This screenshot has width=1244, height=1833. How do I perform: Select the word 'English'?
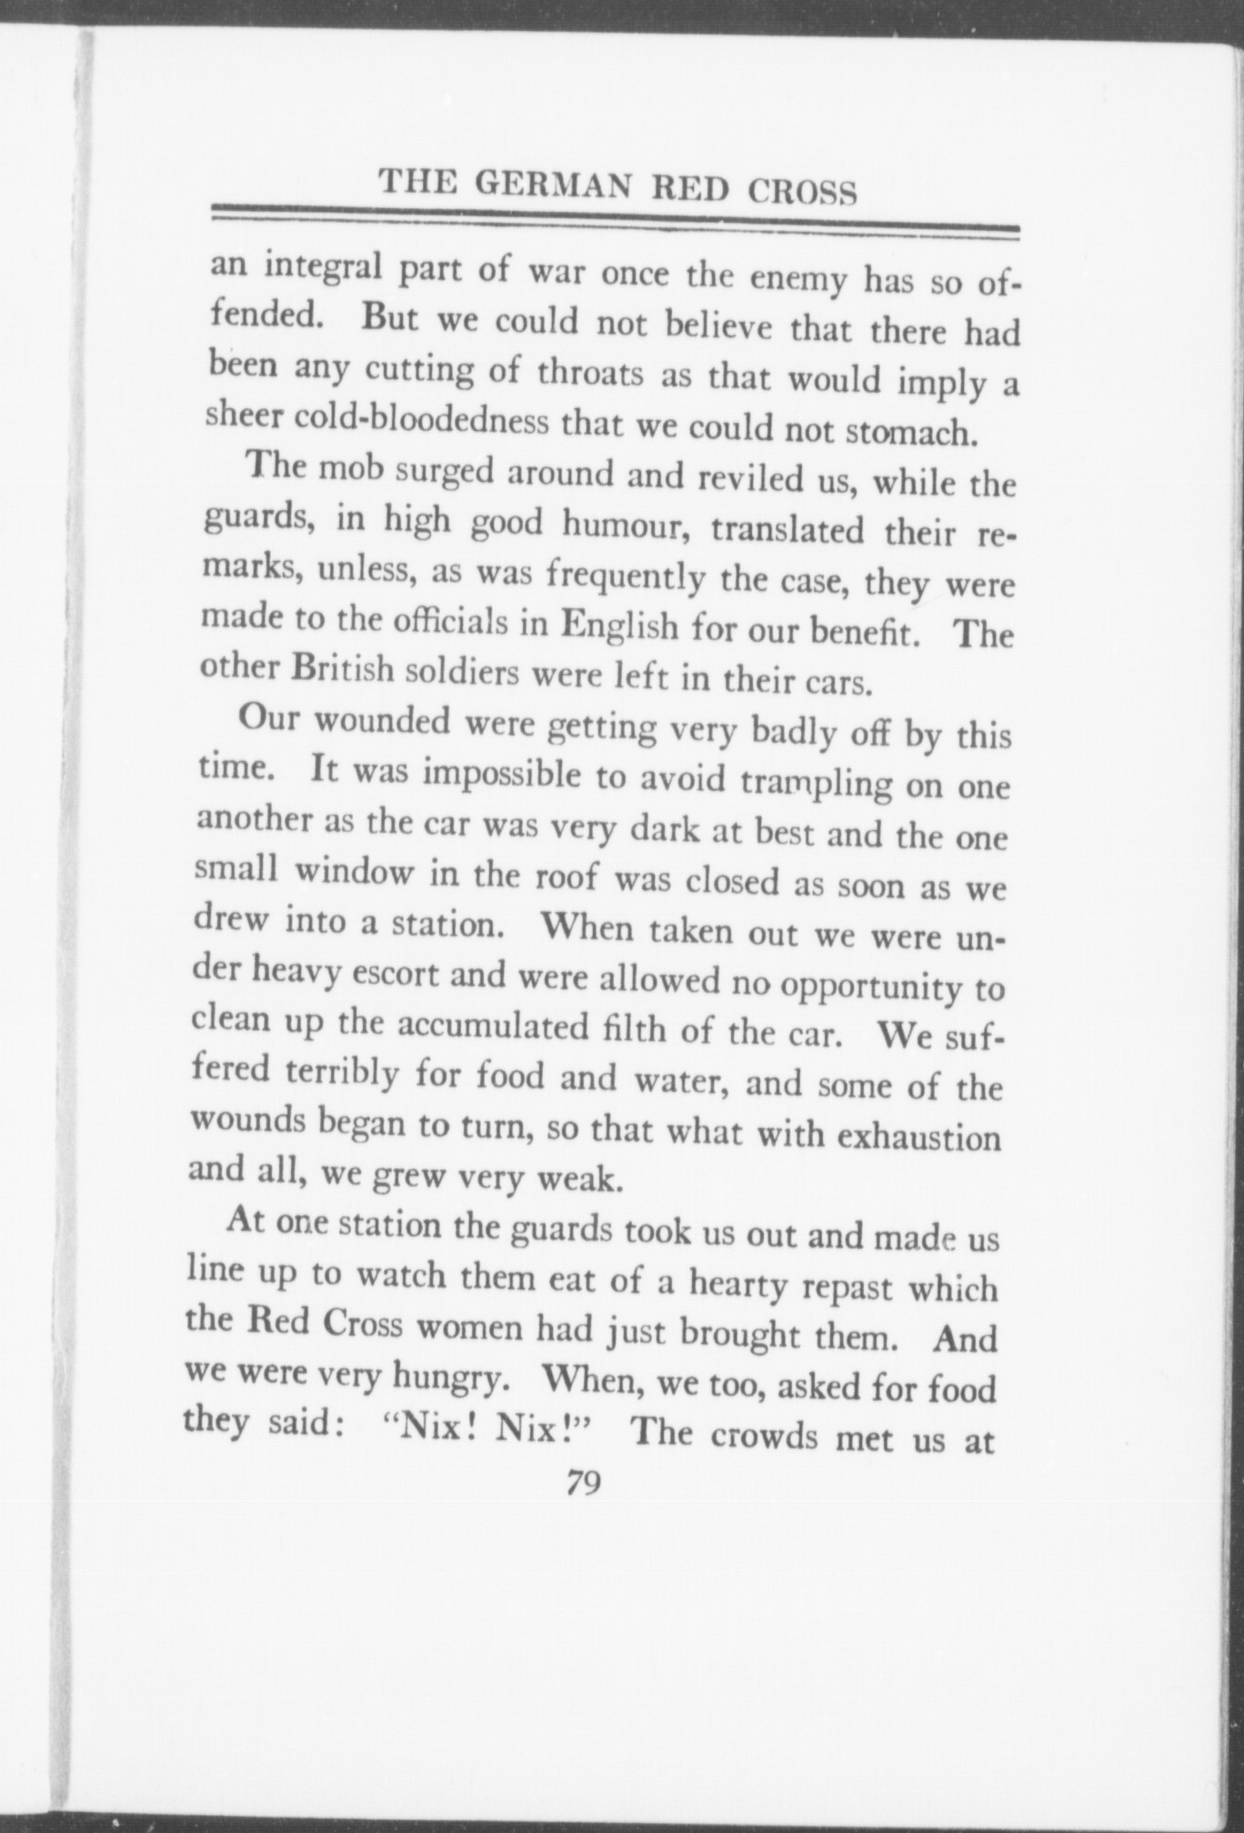point(619,626)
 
